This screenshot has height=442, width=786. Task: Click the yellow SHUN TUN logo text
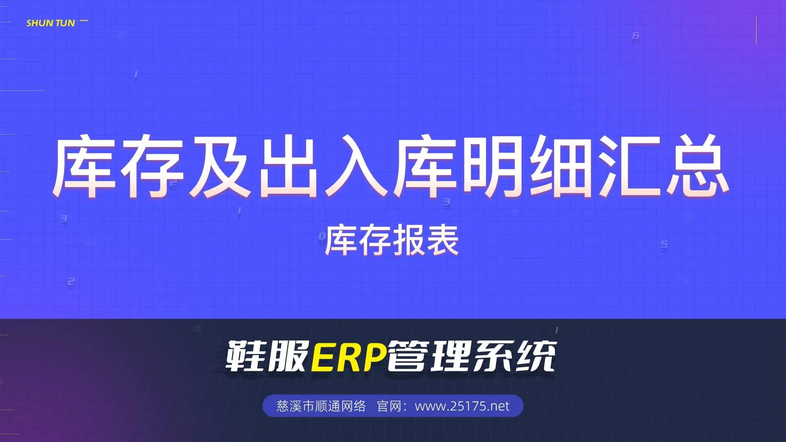point(51,23)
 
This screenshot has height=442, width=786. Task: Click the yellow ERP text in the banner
point(349,356)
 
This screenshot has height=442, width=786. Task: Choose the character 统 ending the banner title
point(535,356)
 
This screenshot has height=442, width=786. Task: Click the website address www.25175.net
point(462,406)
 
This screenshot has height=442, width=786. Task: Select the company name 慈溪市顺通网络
point(321,406)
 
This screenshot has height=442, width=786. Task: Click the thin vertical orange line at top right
point(756,31)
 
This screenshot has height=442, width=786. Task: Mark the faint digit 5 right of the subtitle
point(664,246)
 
